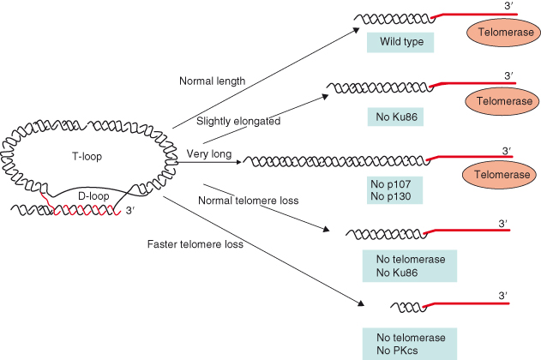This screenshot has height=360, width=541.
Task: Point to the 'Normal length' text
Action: coord(212,81)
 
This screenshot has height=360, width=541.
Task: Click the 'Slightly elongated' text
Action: coord(238,122)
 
